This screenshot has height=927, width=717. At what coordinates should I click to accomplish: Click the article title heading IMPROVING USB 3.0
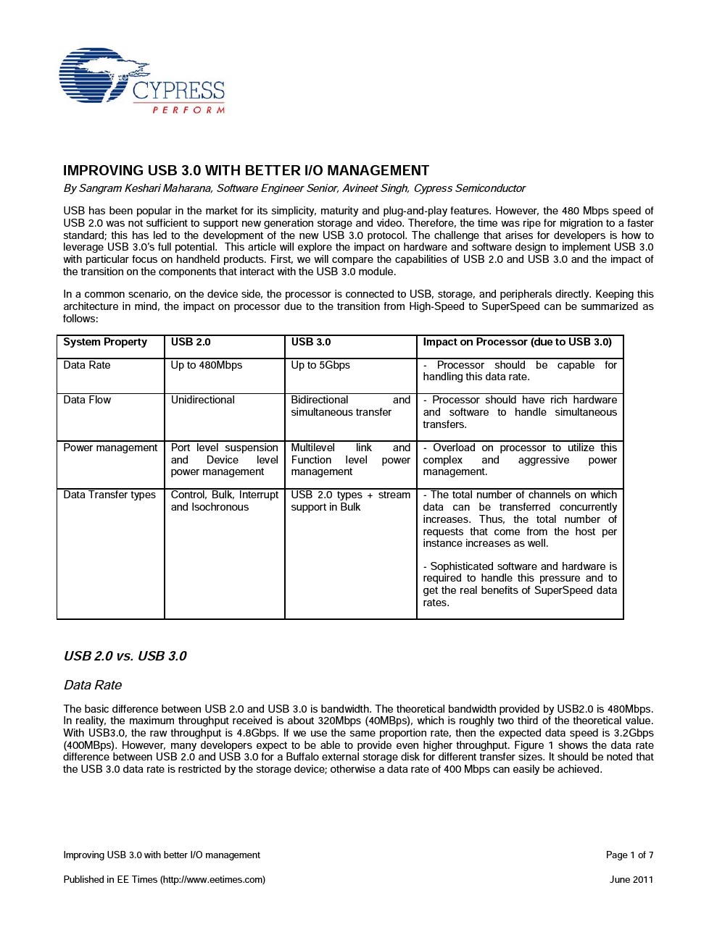[x=246, y=171]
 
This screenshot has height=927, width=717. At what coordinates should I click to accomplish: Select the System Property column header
[x=105, y=343]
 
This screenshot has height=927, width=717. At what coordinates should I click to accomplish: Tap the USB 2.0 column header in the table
[x=191, y=343]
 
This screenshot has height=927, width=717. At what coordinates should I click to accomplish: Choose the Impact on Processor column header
[x=517, y=343]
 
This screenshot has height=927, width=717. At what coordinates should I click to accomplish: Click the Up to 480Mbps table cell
[x=207, y=366]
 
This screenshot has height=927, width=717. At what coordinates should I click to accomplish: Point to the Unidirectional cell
[x=203, y=400]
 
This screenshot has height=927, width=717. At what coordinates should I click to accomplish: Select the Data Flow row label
[x=87, y=400]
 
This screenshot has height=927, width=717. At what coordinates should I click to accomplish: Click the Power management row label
[x=110, y=448]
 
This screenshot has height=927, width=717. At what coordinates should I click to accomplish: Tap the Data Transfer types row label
[x=109, y=495]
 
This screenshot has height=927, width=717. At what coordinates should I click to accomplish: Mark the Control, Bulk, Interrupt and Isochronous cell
[x=224, y=501]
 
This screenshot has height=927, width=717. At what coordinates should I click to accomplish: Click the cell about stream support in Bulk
[x=350, y=501]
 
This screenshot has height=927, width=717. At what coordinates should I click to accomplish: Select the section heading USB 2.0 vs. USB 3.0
[x=125, y=656]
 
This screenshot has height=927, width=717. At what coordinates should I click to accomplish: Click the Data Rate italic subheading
[x=93, y=685]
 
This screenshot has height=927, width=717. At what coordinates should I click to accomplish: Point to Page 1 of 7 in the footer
[x=629, y=855]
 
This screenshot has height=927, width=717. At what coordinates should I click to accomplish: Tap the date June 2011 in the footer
[x=631, y=880]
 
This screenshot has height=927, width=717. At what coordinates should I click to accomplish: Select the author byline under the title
[x=294, y=188]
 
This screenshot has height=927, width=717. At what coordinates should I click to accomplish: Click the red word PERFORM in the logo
[x=188, y=110]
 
